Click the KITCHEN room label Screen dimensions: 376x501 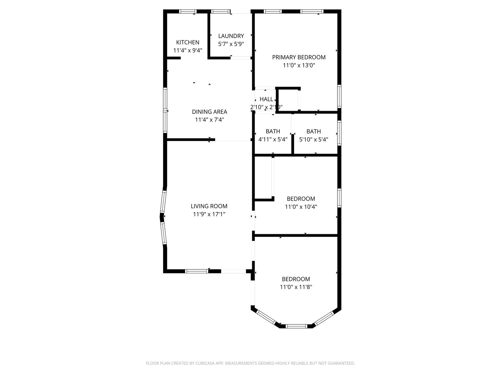tap(188, 42)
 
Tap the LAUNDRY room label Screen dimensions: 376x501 tap(231, 36)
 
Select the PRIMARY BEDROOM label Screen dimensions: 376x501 tap(299, 57)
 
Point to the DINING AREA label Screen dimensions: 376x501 tap(209, 112)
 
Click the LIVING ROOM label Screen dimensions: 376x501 tap(209, 206)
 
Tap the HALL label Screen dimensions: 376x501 tap(267, 99)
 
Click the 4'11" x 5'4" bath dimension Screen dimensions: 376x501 tap(273, 140)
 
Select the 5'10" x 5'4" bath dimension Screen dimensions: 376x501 tap(313, 140)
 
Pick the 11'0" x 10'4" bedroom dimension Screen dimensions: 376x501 tap(301, 207)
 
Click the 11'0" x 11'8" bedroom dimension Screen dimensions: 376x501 tap(296, 287)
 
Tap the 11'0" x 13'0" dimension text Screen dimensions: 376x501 tap(299, 65)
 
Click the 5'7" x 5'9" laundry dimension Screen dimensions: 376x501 tap(231, 44)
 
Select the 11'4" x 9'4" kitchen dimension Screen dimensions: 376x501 tap(188, 50)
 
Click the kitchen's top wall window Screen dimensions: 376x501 tap(188, 11)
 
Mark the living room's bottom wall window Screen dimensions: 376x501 tap(197, 271)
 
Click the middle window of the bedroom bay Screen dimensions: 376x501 tap(296, 326)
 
